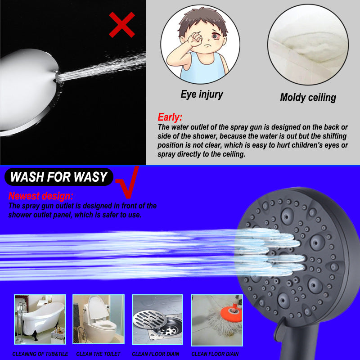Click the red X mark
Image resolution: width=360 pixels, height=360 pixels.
pos(121,25)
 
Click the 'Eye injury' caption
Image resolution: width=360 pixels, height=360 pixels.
pos(202,94)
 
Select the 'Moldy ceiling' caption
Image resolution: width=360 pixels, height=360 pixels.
pos(308,97)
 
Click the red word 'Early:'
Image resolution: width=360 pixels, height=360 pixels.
pos(170,117)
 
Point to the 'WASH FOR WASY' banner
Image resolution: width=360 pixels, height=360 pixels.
pos(59,177)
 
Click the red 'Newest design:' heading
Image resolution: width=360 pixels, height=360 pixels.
pos(40,196)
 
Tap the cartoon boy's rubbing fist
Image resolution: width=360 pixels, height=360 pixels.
pos(195,40)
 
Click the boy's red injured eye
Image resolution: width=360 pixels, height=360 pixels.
pos(216,36)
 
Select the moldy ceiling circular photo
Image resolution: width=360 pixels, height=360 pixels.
pos(308,45)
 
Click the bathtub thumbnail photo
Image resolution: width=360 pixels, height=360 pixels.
pos(40,319)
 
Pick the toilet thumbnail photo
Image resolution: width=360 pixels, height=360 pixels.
pos(99,319)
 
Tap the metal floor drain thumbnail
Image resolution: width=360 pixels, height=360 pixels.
pos(157,319)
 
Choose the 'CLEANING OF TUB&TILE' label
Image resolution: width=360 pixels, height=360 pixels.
pos(40,354)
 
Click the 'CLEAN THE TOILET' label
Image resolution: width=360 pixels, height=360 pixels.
pos(98,354)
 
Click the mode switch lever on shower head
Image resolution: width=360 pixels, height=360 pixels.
pos(280,327)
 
